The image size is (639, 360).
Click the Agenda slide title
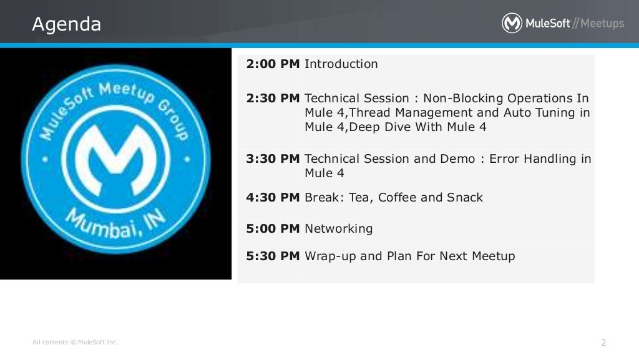pyautogui.click(x=66, y=24)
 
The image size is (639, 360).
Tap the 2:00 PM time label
pyautogui.click(x=273, y=64)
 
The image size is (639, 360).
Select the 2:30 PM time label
pyautogui.click(x=273, y=98)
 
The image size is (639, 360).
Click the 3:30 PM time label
pyautogui.click(x=273, y=158)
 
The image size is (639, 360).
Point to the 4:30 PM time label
pyautogui.click(x=273, y=198)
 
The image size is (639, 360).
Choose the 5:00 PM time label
pyautogui.click(x=273, y=228)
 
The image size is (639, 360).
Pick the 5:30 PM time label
pyautogui.click(x=273, y=256)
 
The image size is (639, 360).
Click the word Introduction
pyautogui.click(x=341, y=64)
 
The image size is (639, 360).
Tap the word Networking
pyautogui.click(x=339, y=229)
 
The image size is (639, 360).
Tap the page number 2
pyautogui.click(x=603, y=343)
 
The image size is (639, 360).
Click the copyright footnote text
pyautogui.click(x=75, y=342)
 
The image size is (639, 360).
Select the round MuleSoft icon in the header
pyautogui.click(x=512, y=23)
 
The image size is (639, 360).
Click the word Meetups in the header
pyautogui.click(x=602, y=23)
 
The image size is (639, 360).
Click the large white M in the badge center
pyautogui.click(x=115, y=160)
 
